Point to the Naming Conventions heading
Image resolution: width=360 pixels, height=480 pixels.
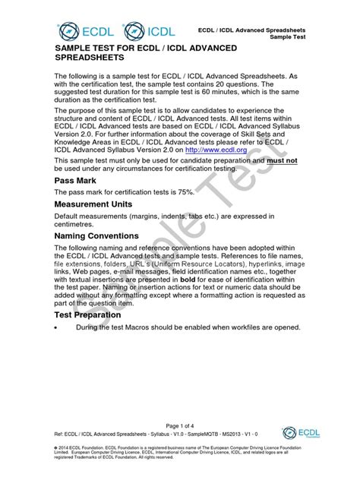(x=97, y=235)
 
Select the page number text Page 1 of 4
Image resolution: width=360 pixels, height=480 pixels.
(x=179, y=425)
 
